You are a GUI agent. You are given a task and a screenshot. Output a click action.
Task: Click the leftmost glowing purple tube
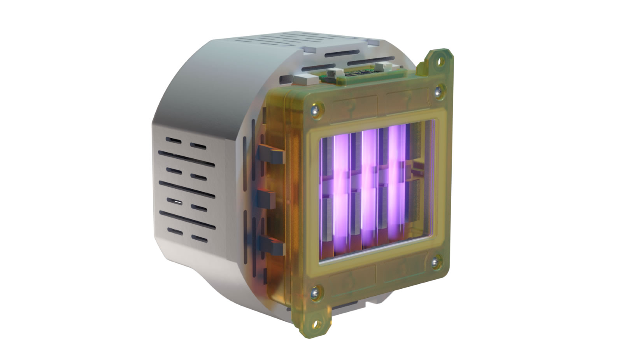(x=340, y=191)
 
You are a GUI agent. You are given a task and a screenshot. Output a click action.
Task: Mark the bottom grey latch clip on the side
(x=270, y=243)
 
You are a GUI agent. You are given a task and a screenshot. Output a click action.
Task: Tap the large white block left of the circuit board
(x=306, y=80)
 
